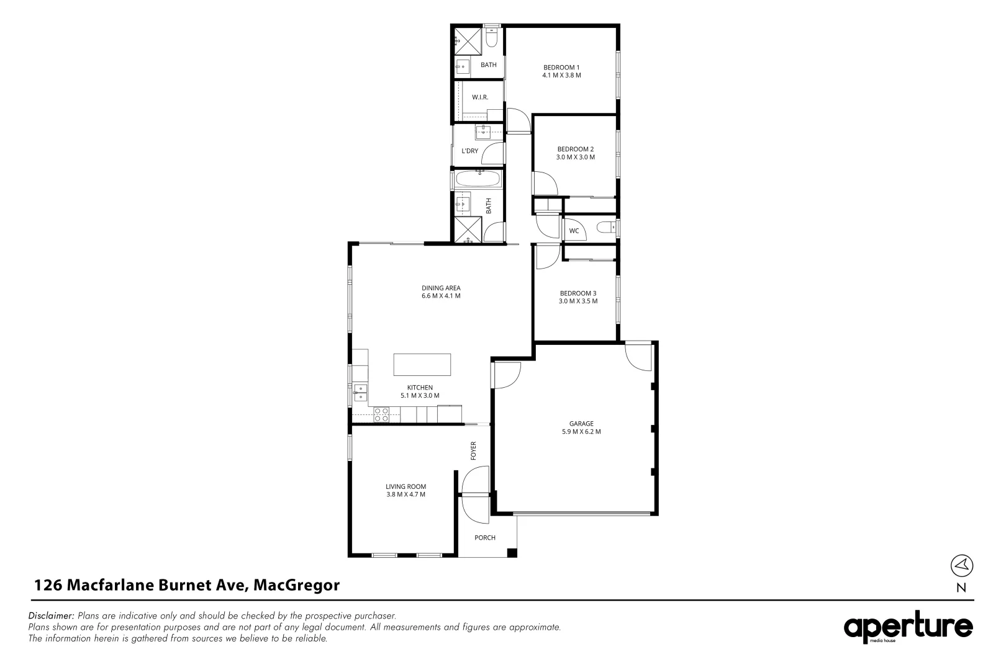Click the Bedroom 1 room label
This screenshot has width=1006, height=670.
(x=561, y=67)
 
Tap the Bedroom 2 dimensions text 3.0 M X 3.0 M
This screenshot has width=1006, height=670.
(x=575, y=158)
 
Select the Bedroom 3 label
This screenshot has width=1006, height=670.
(x=578, y=293)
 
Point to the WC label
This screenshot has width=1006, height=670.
(x=574, y=231)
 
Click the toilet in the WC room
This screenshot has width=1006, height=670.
(x=605, y=228)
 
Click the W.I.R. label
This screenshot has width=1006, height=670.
(x=479, y=97)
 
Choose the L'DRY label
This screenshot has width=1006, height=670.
(x=469, y=151)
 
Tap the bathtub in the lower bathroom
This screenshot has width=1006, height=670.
(x=476, y=181)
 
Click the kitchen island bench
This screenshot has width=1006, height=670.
(x=422, y=365)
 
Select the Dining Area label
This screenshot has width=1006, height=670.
(x=441, y=288)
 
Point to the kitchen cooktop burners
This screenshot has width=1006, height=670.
(x=381, y=414)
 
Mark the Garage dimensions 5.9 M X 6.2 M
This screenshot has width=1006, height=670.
(x=581, y=432)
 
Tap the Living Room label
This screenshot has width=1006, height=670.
(x=406, y=486)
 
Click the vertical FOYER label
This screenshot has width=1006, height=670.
(x=473, y=450)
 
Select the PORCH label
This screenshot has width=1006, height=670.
(x=485, y=538)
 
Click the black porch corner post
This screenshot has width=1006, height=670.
(x=512, y=553)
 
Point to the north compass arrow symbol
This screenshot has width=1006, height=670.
(x=961, y=565)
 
